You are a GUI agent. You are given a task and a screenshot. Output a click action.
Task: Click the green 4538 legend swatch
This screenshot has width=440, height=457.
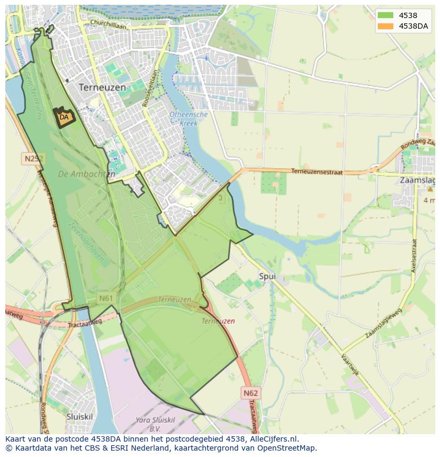[386, 15]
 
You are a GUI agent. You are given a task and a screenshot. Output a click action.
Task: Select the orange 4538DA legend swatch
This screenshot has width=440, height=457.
[386, 26]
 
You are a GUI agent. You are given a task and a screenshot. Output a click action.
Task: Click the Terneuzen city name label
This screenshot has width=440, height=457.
[103, 87]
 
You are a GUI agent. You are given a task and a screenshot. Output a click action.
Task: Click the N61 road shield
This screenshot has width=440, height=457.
[106, 298]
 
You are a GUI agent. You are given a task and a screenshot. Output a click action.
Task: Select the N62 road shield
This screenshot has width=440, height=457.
[250, 393]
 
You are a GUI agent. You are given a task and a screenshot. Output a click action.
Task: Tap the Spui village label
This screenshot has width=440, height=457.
[268, 277]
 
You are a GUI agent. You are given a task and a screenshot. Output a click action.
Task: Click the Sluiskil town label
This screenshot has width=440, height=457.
[80, 417]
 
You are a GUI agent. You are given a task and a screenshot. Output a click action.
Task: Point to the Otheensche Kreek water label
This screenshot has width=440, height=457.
[189, 119]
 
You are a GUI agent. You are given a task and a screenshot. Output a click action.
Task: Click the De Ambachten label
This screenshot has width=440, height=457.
[86, 174]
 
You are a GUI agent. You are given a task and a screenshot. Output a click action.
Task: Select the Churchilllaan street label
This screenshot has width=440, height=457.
[108, 23]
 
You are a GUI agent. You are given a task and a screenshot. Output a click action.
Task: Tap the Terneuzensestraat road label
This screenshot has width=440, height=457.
[317, 171]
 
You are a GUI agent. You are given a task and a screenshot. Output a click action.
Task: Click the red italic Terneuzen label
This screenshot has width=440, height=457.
[218, 321]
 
